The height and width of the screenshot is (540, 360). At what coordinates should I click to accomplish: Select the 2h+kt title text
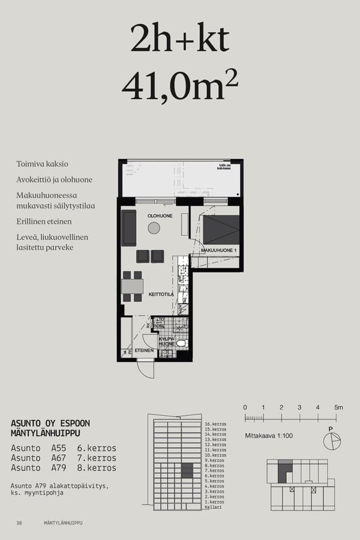pos(180,40)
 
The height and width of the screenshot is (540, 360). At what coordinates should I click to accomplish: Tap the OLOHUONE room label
pos(160,216)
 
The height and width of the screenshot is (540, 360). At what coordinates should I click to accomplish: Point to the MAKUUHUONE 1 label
pos(219,250)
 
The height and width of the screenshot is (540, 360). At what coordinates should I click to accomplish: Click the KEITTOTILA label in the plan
pos(161,295)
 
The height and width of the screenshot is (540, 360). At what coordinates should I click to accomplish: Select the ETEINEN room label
pos(144,350)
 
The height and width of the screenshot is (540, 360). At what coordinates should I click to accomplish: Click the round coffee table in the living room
pos(154,228)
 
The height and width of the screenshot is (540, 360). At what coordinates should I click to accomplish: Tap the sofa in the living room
pos(129,228)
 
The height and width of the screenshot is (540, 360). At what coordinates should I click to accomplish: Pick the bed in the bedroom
pos(221,230)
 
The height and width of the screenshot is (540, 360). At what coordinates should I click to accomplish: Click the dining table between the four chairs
pos(132,286)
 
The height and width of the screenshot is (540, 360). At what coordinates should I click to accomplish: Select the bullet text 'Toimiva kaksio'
pos(42,164)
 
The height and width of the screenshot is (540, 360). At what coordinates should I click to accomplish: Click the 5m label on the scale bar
pos(338,407)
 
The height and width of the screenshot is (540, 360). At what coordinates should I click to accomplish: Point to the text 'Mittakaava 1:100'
pos(269,436)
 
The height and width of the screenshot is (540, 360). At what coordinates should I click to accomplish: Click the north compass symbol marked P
pos(331,440)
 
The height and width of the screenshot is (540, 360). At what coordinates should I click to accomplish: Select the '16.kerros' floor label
pos(215,424)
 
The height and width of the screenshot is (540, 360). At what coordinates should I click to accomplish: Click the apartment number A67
pos(59,458)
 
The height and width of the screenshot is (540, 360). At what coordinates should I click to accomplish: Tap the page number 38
pos(19,523)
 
